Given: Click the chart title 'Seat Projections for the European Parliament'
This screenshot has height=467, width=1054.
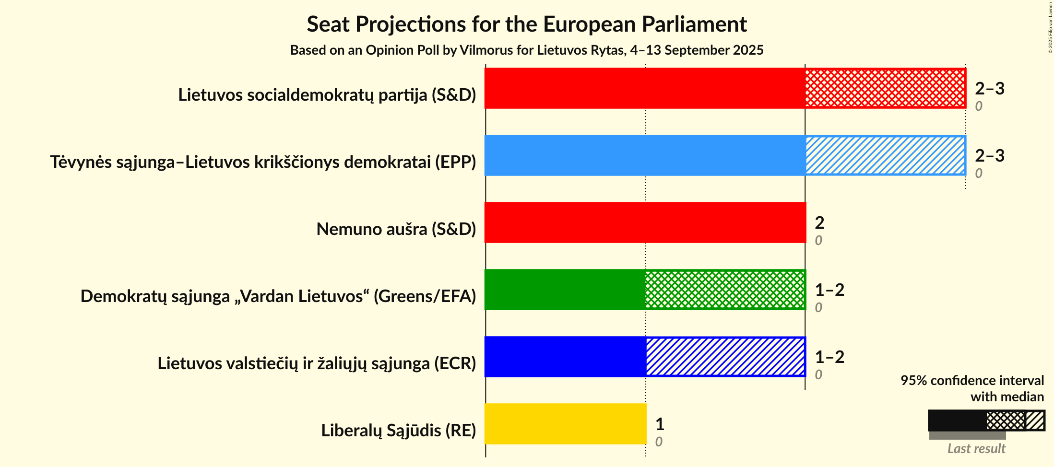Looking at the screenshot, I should point(527,24).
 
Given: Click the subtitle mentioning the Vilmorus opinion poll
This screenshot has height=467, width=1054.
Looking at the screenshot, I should point(527,50).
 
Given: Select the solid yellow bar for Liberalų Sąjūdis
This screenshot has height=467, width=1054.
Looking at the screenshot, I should point(565,424).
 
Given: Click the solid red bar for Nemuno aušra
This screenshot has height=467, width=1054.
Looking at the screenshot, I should point(645,222).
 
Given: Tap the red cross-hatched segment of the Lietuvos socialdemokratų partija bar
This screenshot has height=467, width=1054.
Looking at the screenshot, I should point(885,88).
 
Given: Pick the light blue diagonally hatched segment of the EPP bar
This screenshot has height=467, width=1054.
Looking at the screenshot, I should point(885,155).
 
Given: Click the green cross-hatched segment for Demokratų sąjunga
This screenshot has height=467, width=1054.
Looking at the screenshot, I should point(725,290).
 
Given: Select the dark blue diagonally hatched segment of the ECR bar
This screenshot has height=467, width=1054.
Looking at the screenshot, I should point(725,357).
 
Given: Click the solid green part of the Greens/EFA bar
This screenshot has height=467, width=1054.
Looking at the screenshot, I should point(565,290).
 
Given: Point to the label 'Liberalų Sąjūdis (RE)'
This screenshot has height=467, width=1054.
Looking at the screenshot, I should point(398,431).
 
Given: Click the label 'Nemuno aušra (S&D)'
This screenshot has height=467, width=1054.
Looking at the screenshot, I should point(396,229).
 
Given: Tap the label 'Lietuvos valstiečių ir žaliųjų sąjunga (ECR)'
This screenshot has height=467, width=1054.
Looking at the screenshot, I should point(317,363).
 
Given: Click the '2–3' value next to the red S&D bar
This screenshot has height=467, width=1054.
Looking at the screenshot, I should point(989,88).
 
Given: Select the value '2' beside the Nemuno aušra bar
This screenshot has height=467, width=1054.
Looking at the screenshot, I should point(819,222).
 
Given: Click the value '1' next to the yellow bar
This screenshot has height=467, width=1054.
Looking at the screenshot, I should point(660,424).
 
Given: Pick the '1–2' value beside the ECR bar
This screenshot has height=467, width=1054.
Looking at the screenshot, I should point(829,357).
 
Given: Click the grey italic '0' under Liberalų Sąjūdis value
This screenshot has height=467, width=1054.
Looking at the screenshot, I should point(659,442).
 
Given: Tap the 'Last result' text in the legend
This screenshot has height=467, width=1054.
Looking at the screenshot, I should point(976,449).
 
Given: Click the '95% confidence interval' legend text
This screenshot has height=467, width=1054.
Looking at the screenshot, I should point(972,381).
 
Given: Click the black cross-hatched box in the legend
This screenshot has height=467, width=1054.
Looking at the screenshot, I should point(1006,420).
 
